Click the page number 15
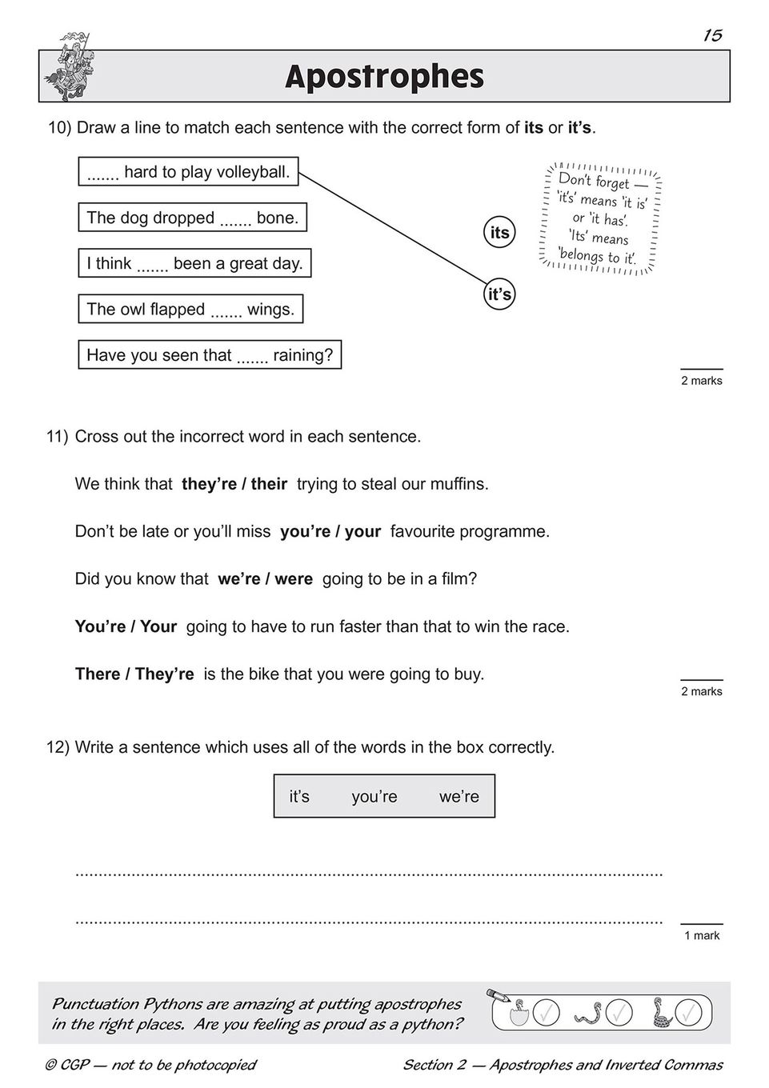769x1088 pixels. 713,35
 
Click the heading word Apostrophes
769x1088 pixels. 384,77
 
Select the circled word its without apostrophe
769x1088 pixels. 499,233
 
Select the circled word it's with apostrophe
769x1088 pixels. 499,294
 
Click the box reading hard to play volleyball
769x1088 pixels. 188,171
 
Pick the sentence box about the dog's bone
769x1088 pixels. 192,217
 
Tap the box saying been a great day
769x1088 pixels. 194,262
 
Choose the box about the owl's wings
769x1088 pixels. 190,309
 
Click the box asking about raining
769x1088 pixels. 210,354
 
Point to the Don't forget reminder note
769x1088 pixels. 600,218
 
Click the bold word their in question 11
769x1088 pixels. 269,484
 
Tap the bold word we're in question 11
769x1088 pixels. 235,579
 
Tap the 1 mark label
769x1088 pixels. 702,935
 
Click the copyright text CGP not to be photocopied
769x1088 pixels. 150,1065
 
